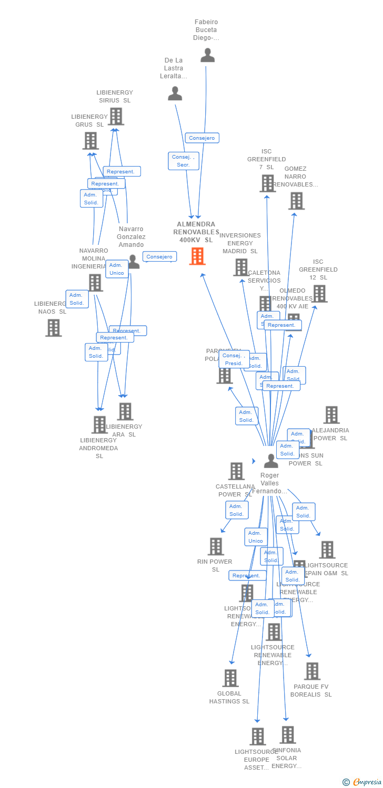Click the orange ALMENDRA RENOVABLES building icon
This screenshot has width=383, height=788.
pyautogui.click(x=197, y=256)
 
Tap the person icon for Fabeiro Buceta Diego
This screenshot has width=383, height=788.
pyautogui.click(x=207, y=55)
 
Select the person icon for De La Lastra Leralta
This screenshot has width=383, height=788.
pyautogui.click(x=175, y=94)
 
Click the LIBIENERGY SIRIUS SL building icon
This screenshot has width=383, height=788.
pyautogui.click(x=116, y=116)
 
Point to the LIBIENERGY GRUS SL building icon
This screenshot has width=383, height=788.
pyautogui.click(x=90, y=140)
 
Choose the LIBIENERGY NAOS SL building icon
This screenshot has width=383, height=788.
pyautogui.click(x=53, y=327)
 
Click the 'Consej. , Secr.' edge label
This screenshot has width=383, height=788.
pyautogui.click(x=184, y=161)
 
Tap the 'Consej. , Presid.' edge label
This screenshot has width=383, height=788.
pyautogui.click(x=234, y=360)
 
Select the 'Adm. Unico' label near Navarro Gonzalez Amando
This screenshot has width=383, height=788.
pyautogui.click(x=116, y=269)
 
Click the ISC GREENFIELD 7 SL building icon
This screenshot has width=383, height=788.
pyautogui.click(x=267, y=183)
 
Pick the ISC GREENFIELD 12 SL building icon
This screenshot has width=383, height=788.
pyautogui.click(x=319, y=293)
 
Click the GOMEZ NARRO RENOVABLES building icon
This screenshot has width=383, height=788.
pyautogui.click(x=296, y=200)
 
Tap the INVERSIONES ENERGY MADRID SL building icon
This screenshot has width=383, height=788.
pyautogui.click(x=240, y=267)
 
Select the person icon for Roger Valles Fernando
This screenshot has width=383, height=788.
pyautogui.click(x=270, y=461)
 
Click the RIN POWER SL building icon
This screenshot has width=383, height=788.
pyautogui.click(x=215, y=546)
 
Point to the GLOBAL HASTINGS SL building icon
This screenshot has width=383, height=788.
pyautogui.click(x=230, y=678)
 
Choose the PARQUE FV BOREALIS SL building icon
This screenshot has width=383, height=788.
pyautogui.click(x=312, y=671)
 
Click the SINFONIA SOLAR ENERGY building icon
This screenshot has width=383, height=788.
pyautogui.click(x=287, y=734)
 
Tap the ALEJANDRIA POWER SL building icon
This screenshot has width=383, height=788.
pyautogui.click(x=331, y=414)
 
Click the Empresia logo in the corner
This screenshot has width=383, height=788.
pyautogui.click(x=362, y=782)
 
